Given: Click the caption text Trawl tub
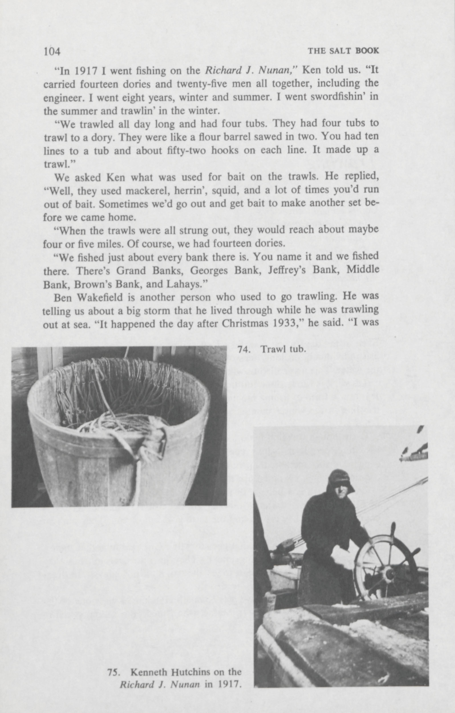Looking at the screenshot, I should [x=283, y=350].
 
